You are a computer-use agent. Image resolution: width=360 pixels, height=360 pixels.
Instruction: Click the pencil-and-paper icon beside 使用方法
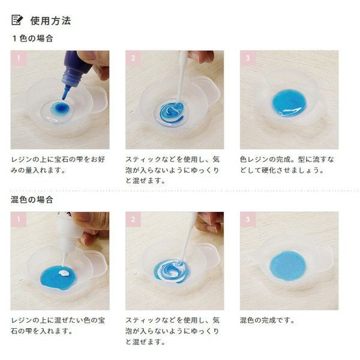coord(17,20)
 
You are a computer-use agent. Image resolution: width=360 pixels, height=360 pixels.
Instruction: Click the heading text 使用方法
coord(50,20)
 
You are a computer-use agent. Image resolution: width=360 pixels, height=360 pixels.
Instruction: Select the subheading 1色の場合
coord(33,38)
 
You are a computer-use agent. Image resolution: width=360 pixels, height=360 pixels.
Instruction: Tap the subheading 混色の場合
coord(32,199)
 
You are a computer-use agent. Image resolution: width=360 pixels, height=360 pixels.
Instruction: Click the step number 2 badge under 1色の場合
coord(133,58)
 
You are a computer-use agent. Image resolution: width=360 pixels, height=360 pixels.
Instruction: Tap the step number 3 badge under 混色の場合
coord(248,219)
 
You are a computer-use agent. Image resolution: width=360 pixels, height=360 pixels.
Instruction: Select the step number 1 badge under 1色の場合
coord(19,58)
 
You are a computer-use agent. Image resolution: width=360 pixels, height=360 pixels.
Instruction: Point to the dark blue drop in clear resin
coord(59,107)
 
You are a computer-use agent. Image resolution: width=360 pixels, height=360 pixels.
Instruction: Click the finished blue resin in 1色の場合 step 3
coord(289,103)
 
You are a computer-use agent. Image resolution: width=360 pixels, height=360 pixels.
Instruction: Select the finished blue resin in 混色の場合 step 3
coord(288,266)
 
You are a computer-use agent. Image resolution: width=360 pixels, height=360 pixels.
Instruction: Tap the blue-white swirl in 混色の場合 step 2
coord(172,271)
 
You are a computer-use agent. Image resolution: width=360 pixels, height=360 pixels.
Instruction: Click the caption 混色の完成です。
coord(267,320)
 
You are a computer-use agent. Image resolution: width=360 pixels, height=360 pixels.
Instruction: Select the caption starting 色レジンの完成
coord(287,164)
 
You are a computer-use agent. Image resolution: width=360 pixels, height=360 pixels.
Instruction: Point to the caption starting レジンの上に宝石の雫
coord(58,164)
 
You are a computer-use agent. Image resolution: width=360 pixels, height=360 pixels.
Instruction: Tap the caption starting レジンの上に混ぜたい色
coord(58,326)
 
